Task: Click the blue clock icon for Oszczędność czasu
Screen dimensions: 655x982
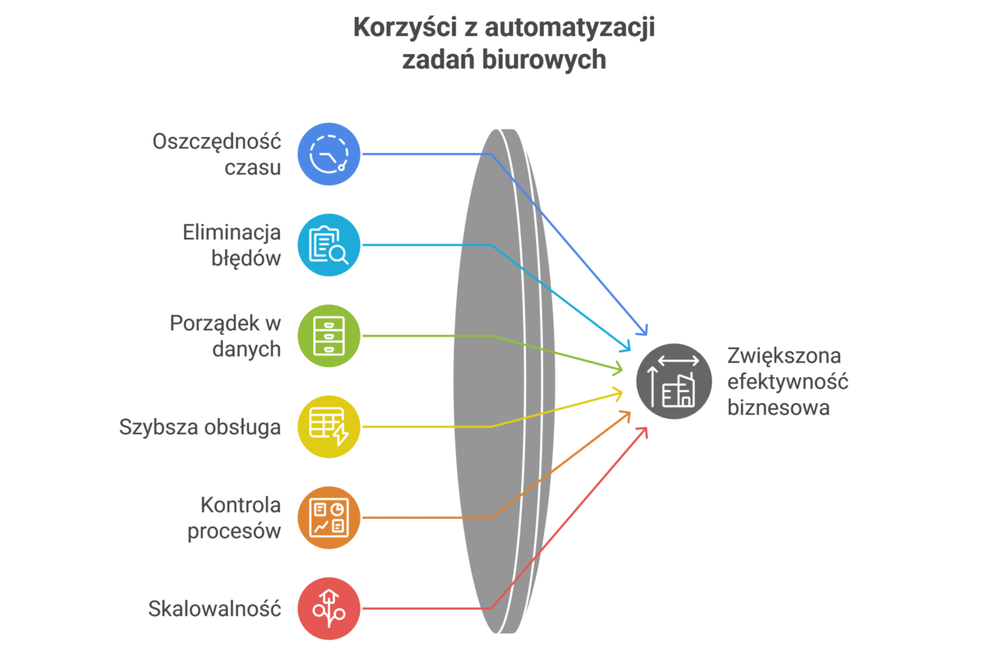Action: click(329, 153)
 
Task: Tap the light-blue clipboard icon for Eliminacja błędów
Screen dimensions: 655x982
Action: click(329, 245)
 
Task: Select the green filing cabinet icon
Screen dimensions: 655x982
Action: click(329, 336)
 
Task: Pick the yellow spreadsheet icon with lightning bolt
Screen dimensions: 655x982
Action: click(329, 426)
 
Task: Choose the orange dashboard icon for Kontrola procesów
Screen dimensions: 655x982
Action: click(329, 517)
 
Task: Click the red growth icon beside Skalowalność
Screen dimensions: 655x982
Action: click(329, 608)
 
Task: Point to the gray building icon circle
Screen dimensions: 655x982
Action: click(674, 381)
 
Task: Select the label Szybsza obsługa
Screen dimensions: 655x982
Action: click(200, 427)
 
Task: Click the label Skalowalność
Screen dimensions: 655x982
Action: click(214, 609)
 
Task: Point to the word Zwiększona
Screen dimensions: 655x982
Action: click(784, 356)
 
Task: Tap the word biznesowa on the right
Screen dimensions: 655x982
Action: click(778, 407)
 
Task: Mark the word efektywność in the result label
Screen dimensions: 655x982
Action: click(788, 382)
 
